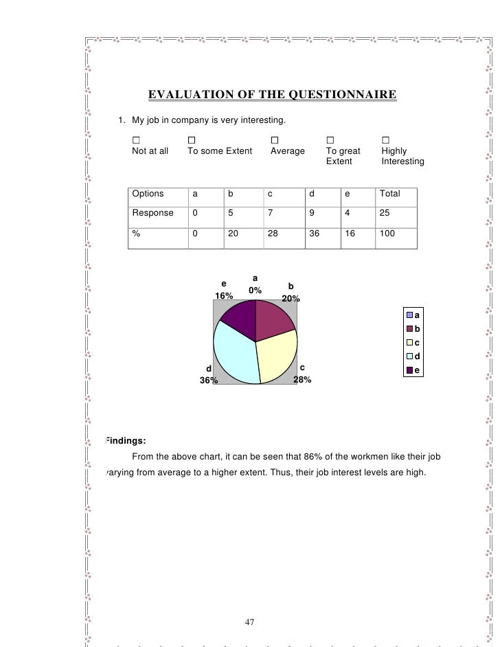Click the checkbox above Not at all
[x=135, y=140]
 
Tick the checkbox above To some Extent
[x=191, y=140]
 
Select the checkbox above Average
[x=274, y=140]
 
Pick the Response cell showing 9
[x=312, y=213]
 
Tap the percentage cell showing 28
[x=273, y=233]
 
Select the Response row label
[x=152, y=213]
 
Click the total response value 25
[x=385, y=213]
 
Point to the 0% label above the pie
[x=255, y=291]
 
